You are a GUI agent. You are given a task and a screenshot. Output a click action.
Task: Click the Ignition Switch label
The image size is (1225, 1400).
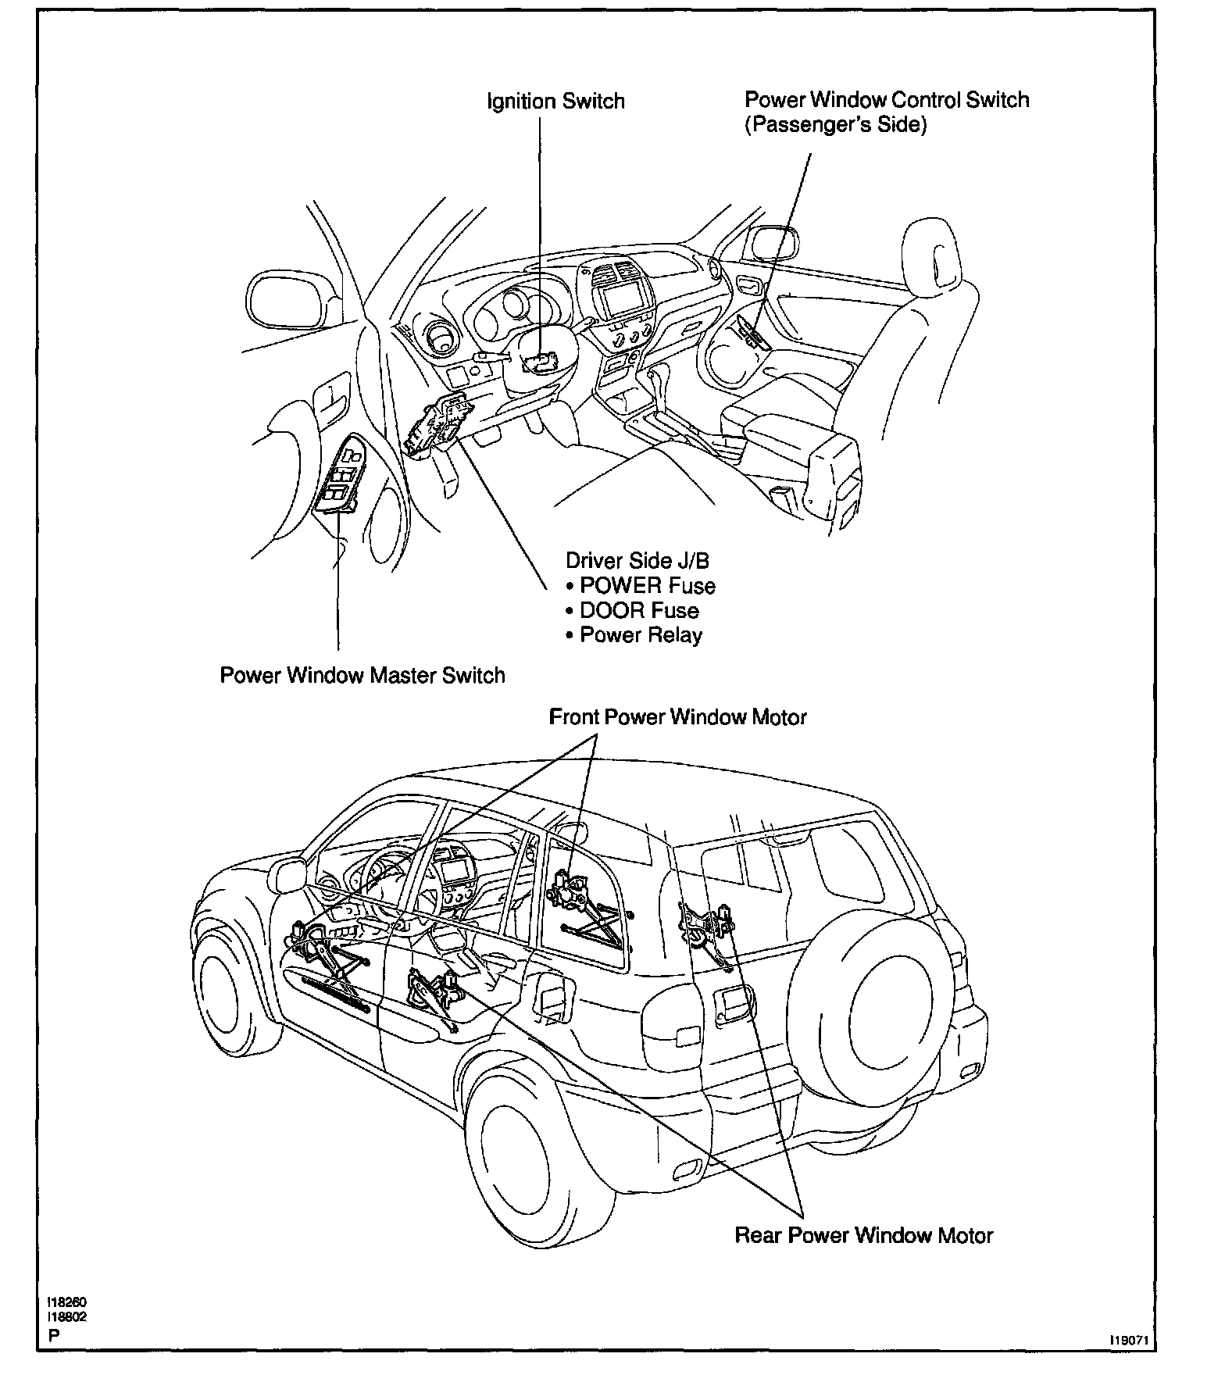click(555, 102)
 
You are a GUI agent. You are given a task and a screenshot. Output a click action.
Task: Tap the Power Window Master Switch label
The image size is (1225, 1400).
click(362, 675)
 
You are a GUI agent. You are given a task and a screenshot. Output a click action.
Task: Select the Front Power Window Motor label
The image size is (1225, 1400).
click(677, 716)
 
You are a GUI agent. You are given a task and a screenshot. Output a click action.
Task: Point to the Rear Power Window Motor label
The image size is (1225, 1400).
click(863, 1235)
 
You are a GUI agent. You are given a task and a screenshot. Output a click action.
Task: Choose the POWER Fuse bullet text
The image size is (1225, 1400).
click(646, 585)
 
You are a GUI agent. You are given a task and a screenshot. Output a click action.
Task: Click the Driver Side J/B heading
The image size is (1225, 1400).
click(637, 560)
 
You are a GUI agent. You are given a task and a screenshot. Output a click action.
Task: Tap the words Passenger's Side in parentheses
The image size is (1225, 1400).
click(835, 125)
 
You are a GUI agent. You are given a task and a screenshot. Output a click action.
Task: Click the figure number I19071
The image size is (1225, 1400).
click(1132, 1339)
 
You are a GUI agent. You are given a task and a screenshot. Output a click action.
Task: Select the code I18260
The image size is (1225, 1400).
click(66, 1302)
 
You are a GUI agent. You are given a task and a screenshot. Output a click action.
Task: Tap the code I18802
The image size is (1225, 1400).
click(66, 1316)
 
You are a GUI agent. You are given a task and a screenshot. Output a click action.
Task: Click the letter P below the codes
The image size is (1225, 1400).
click(53, 1335)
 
